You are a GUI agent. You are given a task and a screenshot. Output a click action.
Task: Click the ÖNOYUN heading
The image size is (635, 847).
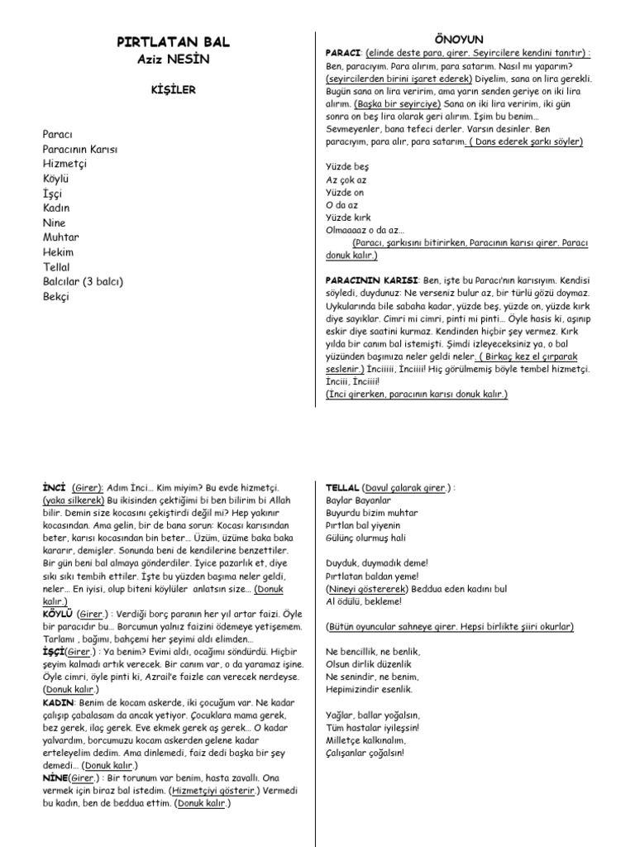[x=458, y=40]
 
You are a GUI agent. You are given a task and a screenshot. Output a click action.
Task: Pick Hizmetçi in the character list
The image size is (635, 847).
[x=64, y=164]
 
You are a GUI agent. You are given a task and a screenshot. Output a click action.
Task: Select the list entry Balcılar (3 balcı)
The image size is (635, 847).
[x=83, y=281]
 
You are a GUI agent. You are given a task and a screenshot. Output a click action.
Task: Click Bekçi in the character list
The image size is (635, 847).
[x=56, y=296]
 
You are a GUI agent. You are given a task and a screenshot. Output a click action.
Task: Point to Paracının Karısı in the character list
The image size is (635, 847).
[x=80, y=149]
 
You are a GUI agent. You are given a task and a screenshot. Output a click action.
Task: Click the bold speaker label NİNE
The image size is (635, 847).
[x=55, y=778]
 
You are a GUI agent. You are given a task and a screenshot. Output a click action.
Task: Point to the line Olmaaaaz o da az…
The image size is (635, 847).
[x=365, y=230]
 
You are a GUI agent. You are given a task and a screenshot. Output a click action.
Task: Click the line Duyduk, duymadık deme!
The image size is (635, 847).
[x=372, y=563]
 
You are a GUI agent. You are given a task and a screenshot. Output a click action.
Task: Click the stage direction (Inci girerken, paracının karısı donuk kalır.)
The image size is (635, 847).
[x=417, y=395]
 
